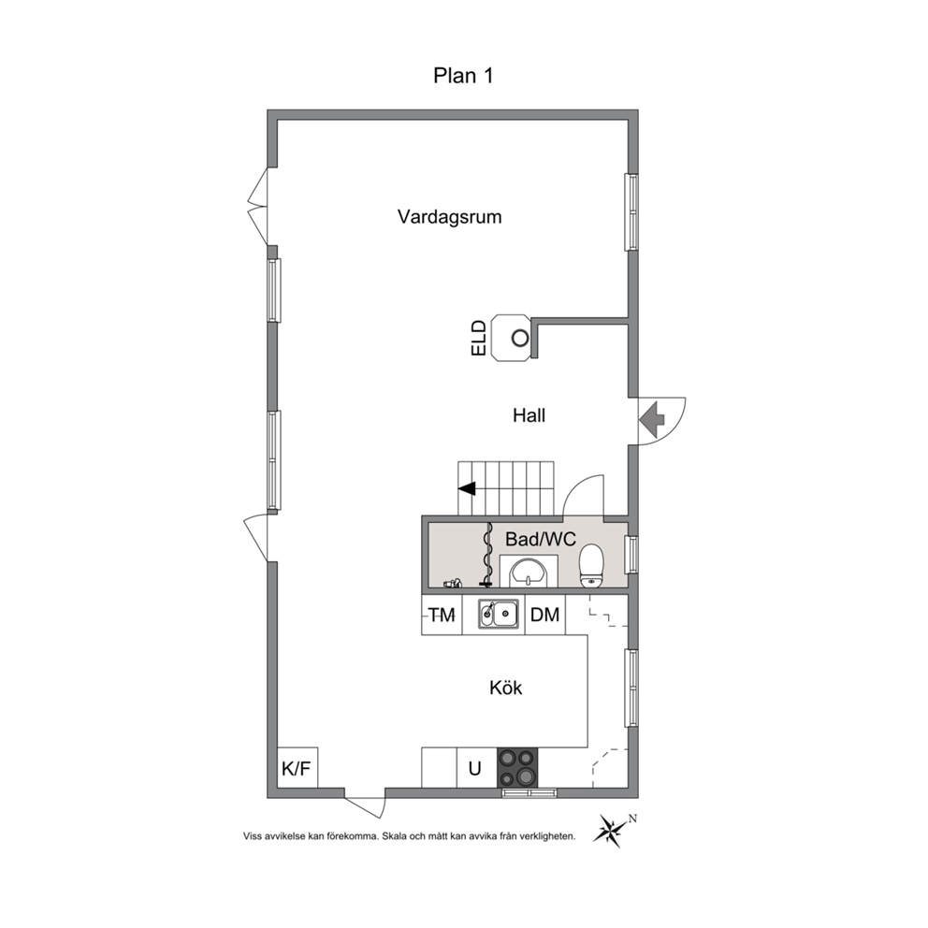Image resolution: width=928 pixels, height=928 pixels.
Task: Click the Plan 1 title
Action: pos(463,76)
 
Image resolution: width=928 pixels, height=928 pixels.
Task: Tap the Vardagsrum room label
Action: pos(449,217)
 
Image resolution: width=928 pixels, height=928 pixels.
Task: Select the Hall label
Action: pos(529,415)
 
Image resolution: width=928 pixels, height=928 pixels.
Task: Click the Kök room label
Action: pos(505,688)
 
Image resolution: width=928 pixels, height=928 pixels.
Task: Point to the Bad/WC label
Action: pos(541,539)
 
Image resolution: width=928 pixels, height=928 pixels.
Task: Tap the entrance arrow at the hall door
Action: pos(652,419)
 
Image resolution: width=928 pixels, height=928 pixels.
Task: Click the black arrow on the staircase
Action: pos(468,489)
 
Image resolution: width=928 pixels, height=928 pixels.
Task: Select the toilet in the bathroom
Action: pos(590,566)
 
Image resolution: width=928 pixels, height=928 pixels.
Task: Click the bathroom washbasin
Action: pos(529,572)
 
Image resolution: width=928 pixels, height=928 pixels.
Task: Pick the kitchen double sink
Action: pos(499,613)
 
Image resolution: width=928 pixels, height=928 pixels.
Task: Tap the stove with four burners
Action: pos(517,768)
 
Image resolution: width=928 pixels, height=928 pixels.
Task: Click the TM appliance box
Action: pos(442,615)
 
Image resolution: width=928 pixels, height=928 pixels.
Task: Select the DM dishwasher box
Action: pos(545,615)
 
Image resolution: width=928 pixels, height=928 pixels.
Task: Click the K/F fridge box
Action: pos(297,768)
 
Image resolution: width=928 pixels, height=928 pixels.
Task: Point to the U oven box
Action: pos(476,768)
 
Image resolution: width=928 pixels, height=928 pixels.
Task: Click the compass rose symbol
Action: pos(613,829)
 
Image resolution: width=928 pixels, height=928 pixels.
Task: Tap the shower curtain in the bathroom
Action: pos(487,554)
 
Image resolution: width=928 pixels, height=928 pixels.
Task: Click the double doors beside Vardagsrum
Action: pos(258,206)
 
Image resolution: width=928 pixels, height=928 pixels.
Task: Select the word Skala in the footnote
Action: pos(394,836)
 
